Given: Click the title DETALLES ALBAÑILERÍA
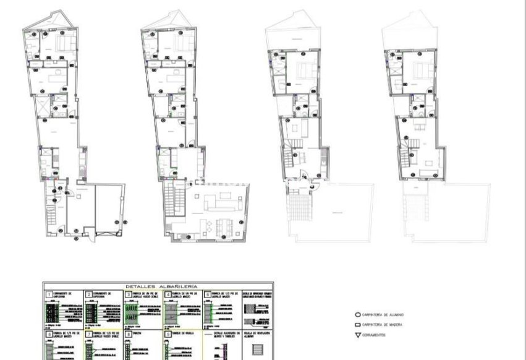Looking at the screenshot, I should [161, 287].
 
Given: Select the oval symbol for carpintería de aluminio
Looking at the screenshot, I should [357, 314].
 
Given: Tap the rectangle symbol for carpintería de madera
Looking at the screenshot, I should [357, 325].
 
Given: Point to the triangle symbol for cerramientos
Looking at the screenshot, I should [357, 335].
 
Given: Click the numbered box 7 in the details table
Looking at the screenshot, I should [88, 335].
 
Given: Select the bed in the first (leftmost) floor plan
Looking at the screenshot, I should [64, 43].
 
